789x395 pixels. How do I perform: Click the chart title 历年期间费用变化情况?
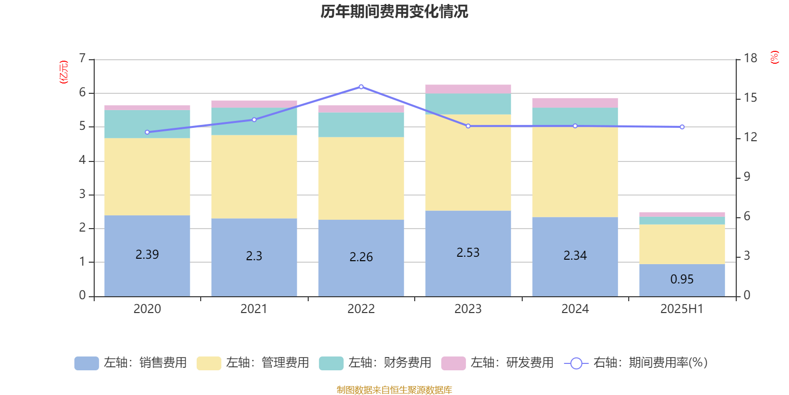point(394,11)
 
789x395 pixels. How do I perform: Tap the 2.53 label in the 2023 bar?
point(468,252)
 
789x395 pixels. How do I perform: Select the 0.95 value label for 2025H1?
point(681,279)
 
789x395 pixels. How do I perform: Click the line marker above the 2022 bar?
point(361,87)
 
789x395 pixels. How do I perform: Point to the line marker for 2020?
point(147,132)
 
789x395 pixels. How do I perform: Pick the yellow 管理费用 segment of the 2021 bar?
point(254,176)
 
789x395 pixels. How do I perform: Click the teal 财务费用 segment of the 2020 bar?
point(147,124)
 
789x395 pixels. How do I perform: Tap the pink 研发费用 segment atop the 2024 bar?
point(575,103)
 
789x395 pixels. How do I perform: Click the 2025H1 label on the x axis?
point(681,309)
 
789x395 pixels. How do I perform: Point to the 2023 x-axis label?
point(468,309)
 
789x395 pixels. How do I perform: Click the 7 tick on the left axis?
point(82,59)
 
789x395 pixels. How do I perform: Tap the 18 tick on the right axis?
point(750,58)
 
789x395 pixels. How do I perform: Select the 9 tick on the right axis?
point(747,177)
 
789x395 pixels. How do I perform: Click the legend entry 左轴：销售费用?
point(131,363)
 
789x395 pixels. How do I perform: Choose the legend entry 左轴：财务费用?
point(375,363)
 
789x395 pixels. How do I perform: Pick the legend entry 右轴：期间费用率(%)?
point(636,363)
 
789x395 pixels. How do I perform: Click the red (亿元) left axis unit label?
point(63,72)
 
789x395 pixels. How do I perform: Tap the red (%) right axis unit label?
point(774,57)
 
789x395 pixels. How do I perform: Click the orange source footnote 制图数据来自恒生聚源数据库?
point(394,390)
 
